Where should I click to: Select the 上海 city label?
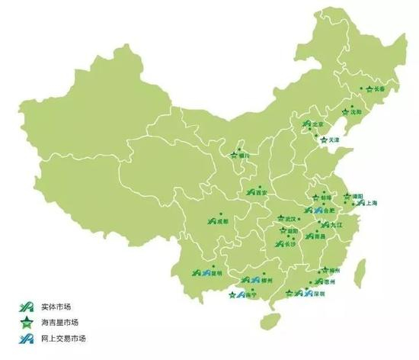[x=371, y=204]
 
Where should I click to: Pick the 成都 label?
[x=223, y=222]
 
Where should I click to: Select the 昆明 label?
[x=216, y=272]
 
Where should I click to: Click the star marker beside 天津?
[x=324, y=140]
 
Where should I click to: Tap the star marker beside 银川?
[x=233, y=156]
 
